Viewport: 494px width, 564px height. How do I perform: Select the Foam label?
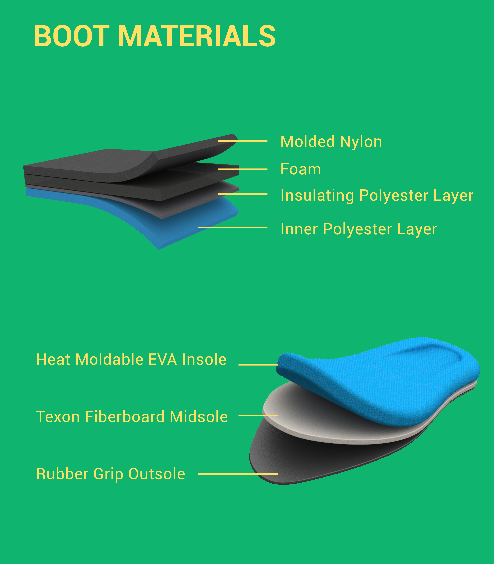point(300,169)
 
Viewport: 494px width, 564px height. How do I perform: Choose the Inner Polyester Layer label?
point(358,229)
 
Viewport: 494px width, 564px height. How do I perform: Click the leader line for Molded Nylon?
point(243,141)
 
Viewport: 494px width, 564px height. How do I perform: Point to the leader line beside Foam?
point(243,169)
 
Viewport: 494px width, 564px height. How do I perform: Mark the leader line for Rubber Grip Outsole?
point(238,474)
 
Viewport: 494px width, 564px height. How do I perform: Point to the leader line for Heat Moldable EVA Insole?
point(258,365)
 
